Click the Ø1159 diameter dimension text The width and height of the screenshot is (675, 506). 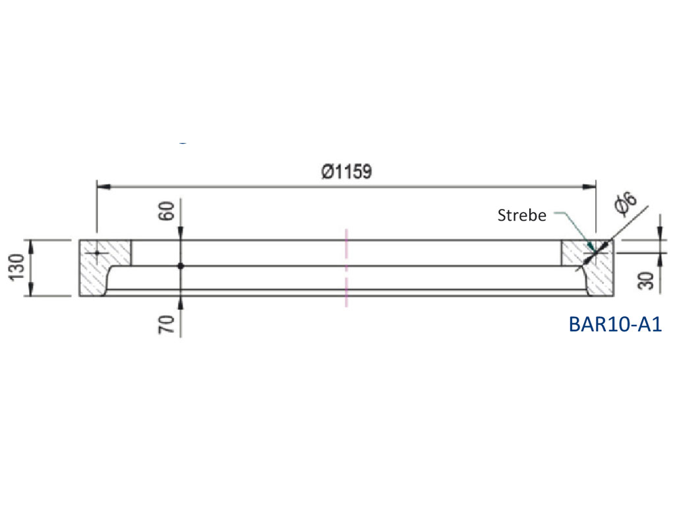tap(347, 172)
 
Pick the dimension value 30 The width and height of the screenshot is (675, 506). tap(647, 280)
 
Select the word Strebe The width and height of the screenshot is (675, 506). tap(522, 215)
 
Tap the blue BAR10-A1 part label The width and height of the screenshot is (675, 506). tap(614, 324)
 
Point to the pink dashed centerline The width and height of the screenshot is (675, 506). tap(346, 267)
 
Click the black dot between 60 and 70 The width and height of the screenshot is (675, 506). tap(181, 266)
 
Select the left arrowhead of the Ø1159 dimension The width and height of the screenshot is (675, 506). tap(103, 187)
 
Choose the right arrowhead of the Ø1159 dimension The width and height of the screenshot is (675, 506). tap(591, 187)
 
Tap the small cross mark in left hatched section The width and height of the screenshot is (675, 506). tap(97, 252)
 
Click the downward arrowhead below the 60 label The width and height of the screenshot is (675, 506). tap(181, 235)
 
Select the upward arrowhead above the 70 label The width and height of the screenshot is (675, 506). tap(181, 301)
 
